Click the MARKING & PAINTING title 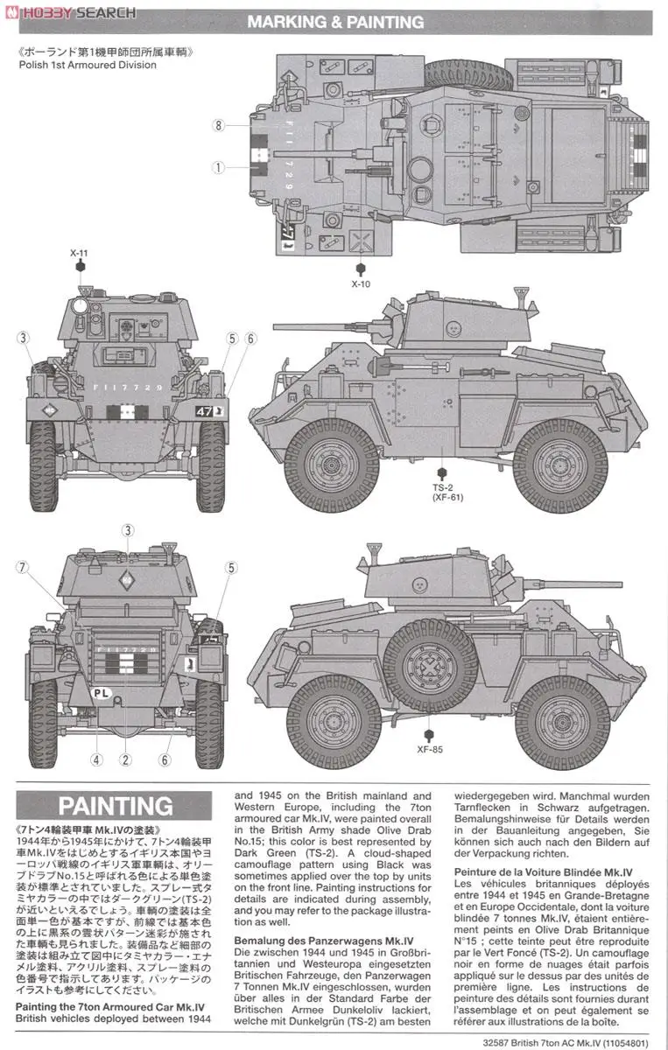[335, 22]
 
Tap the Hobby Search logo [70, 12]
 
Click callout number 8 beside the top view [218, 125]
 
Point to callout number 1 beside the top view [218, 165]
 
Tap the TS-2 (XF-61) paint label [446, 492]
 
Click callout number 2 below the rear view [127, 759]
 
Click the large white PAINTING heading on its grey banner [116, 806]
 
